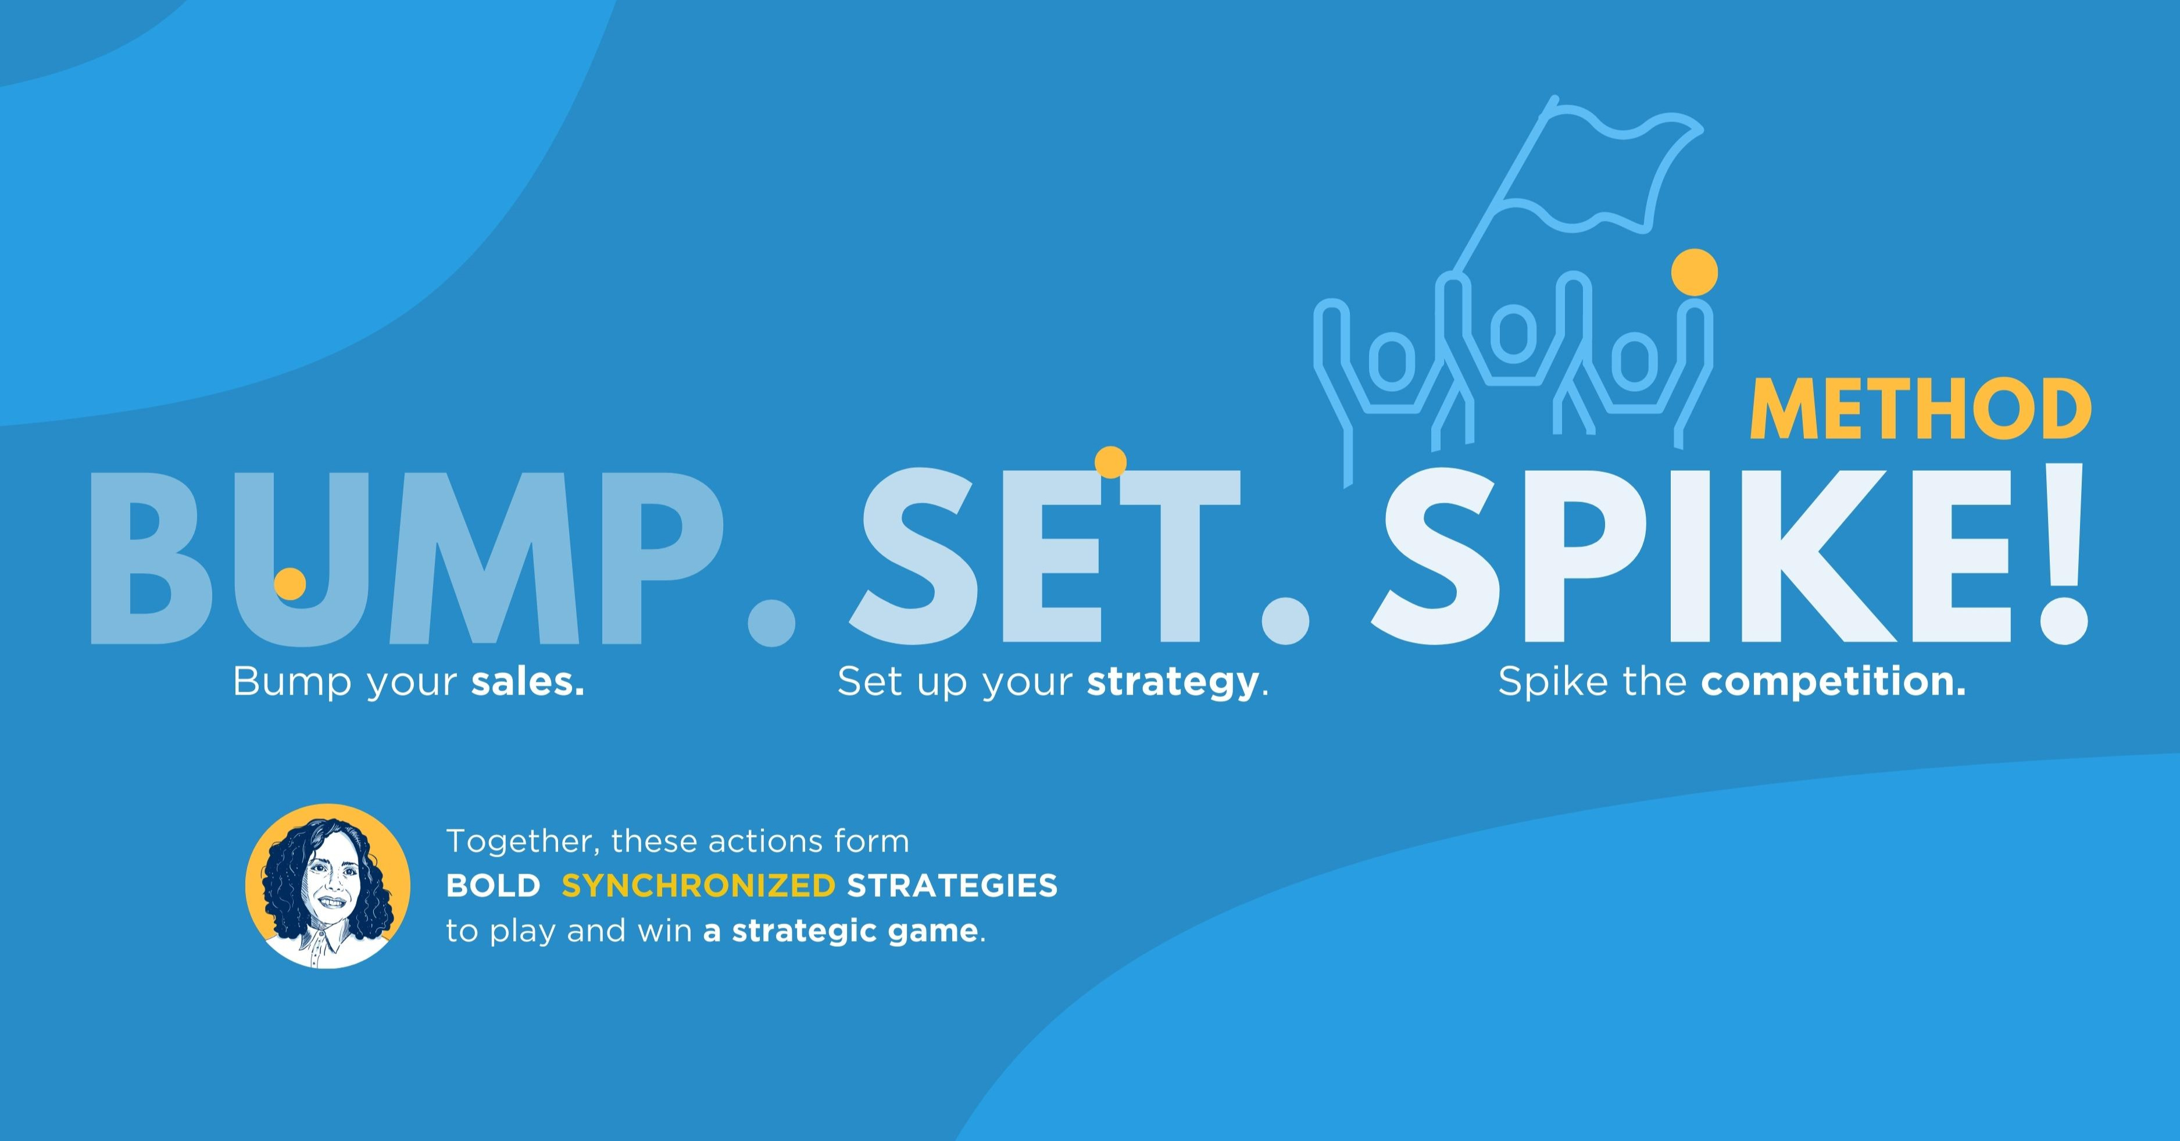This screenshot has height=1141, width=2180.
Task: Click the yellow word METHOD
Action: pos(1920,410)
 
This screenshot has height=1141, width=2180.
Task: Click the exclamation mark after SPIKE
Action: pos(2063,555)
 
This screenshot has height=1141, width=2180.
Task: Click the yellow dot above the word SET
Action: pos(1110,462)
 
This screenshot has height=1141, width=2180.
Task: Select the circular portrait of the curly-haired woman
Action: pos(327,886)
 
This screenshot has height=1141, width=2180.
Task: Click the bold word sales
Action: pos(527,681)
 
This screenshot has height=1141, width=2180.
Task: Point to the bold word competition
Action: pos(1833,681)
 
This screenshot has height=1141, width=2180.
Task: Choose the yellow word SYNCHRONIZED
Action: pos(698,885)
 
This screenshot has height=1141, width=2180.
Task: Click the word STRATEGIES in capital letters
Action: pos(952,885)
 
